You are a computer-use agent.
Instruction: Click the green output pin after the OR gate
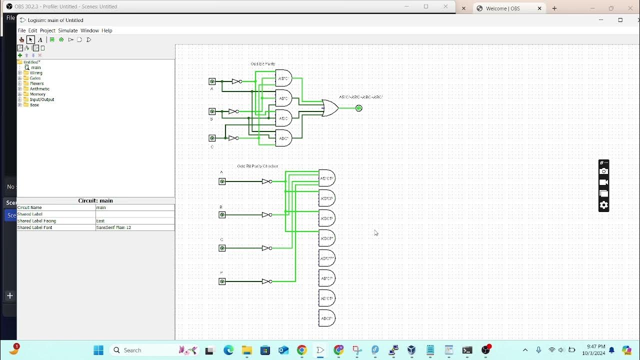tap(358, 108)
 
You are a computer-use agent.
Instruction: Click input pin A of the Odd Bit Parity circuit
tap(212, 81)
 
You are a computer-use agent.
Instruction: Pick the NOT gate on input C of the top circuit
tap(233, 138)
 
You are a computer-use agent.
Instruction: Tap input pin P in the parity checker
tap(222, 281)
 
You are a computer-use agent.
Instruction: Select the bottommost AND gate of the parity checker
tap(326, 318)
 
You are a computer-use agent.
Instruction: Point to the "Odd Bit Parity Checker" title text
tap(257, 166)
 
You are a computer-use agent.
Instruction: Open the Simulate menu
tap(68, 30)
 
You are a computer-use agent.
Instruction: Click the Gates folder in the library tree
tap(35, 78)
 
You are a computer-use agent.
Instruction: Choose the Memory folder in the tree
tap(37, 94)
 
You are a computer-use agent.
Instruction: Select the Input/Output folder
tap(41, 99)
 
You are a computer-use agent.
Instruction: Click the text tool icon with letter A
tap(40, 40)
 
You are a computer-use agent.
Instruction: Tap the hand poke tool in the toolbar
tap(21, 40)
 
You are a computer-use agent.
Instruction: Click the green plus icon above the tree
tap(20, 55)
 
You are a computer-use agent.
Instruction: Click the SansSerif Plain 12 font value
tap(113, 227)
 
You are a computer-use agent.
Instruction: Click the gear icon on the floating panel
tap(603, 205)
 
